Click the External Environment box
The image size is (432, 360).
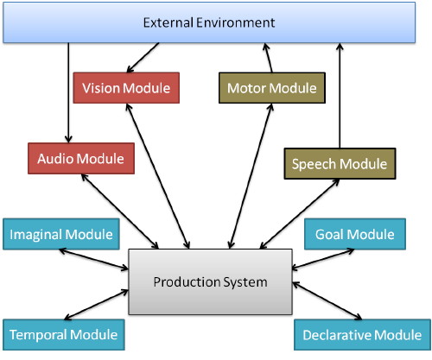pos(209,22)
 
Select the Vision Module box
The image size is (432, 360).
pos(126,88)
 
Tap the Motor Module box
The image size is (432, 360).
pos(272,88)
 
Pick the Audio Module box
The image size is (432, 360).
pos(81,158)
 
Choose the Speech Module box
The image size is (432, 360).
pos(340,164)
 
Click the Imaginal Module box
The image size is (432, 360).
pos(61,234)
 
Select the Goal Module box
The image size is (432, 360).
pos(355,234)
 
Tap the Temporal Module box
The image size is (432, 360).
pos(64,335)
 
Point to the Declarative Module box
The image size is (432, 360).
pos(362,335)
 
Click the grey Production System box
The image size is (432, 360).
pos(210,281)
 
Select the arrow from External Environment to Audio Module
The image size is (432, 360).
pos(68,92)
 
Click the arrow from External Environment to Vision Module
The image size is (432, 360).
pos(143,58)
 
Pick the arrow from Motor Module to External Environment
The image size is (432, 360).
pos(268,58)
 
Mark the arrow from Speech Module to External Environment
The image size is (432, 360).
pos(340,96)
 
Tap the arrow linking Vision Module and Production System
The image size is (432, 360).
pos(158,176)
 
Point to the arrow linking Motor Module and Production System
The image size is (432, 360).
pos(251,176)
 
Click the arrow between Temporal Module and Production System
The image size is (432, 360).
pos(96,305)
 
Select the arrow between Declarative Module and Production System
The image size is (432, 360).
pos(327,300)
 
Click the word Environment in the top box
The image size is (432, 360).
pos(236,22)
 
